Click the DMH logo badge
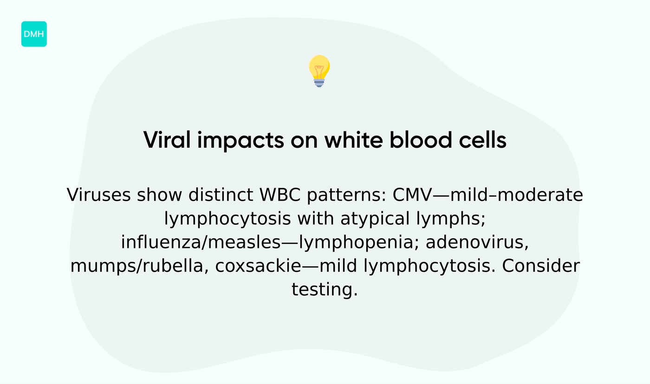[34, 34]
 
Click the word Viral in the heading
[167, 140]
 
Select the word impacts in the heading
[240, 141]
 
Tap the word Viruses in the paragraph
[98, 195]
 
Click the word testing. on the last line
[325, 290]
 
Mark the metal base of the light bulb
[319, 83]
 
